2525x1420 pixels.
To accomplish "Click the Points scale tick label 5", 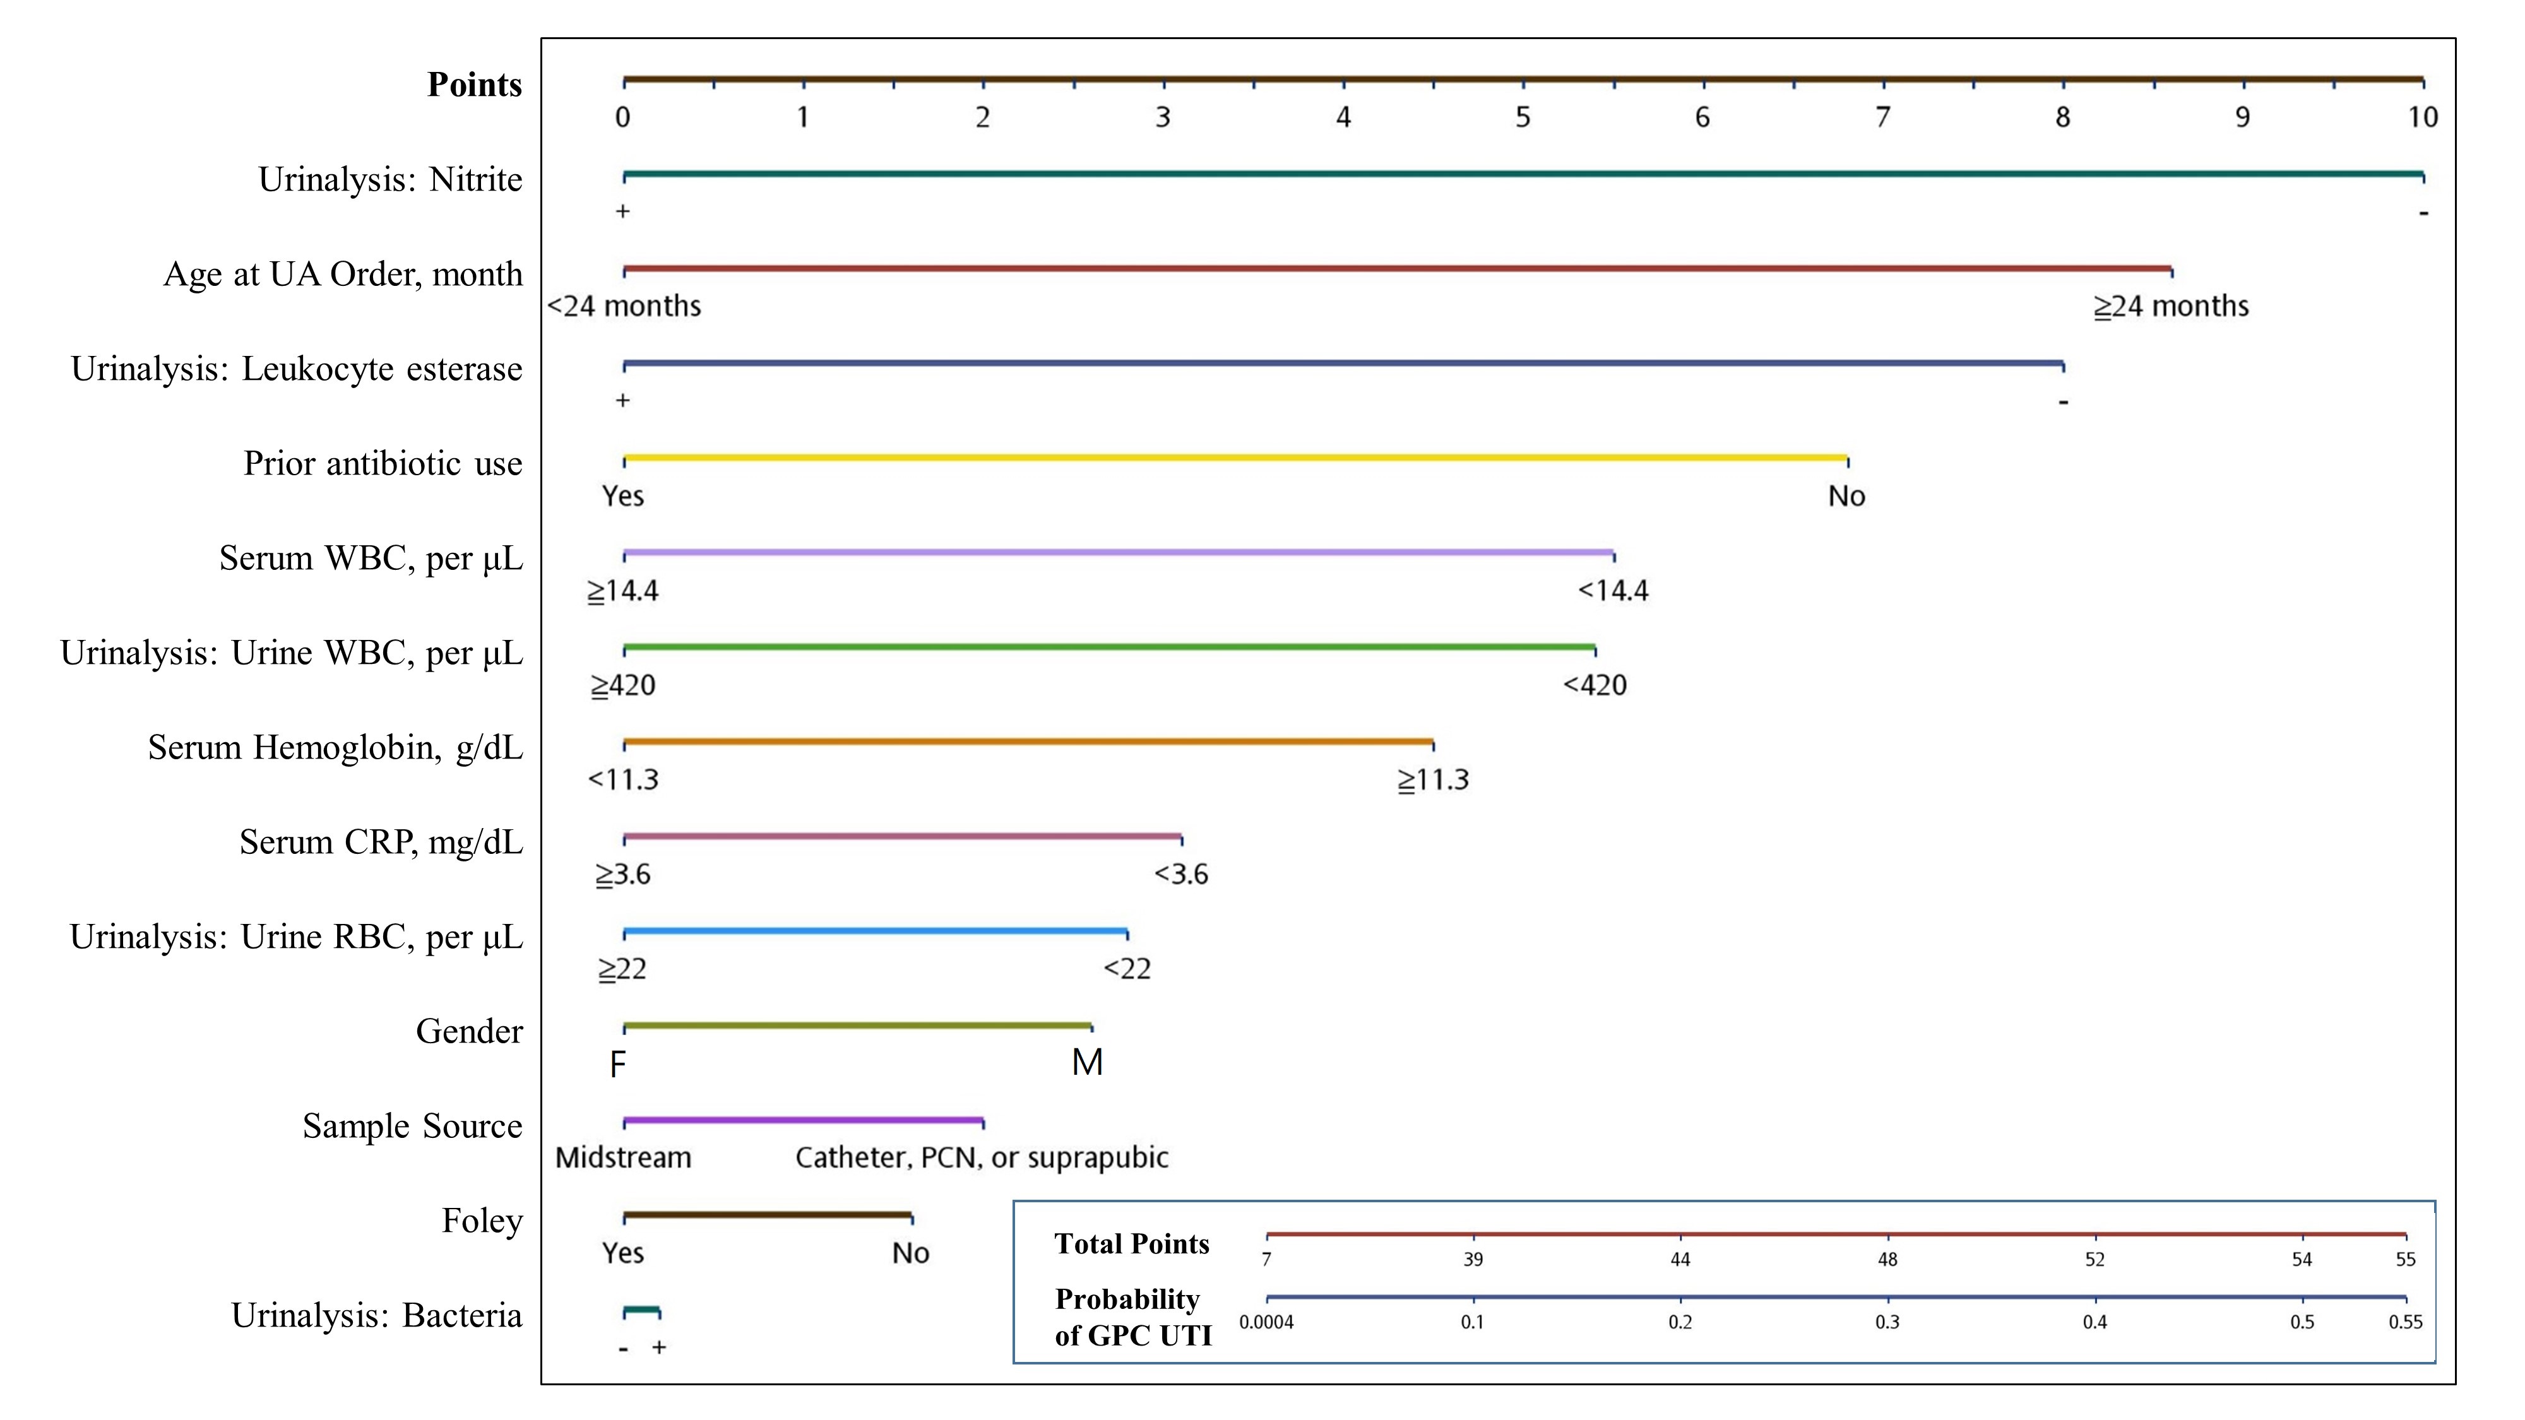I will (1522, 117).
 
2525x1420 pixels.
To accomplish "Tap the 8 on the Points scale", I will (2062, 117).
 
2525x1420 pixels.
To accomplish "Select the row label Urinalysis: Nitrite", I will (390, 179).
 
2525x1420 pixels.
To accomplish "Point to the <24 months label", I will (624, 305).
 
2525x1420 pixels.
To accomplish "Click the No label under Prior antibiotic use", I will (1846, 496).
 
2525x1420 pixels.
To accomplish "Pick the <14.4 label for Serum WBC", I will (1613, 591).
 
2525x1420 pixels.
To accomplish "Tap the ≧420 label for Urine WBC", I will (624, 685).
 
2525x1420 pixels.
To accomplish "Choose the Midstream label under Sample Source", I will (624, 1157).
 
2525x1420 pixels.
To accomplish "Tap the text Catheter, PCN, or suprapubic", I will (982, 1157).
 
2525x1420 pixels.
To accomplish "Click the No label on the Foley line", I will (911, 1252).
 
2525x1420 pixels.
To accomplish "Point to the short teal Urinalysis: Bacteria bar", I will (642, 1310).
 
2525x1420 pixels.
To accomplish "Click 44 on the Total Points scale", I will (1680, 1259).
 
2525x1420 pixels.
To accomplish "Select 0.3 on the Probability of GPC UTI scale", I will (1887, 1322).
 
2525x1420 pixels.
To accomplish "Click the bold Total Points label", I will (1132, 1243).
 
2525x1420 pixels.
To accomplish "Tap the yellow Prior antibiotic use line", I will (1235, 458).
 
